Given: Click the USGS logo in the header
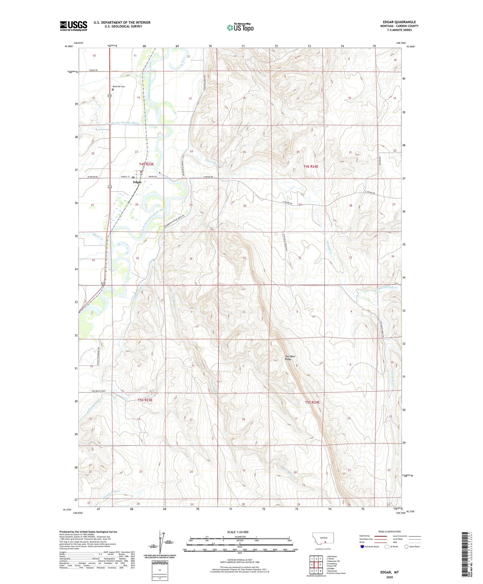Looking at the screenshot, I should click(73, 26).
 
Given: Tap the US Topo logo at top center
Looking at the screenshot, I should click(240, 28).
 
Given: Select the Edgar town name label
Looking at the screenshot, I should click(137, 182).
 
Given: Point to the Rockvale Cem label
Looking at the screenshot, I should click(118, 86).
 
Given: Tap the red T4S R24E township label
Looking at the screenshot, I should click(311, 167).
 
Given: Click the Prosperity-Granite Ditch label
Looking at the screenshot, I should click(122, 123).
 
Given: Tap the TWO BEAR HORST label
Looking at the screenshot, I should click(99, 391).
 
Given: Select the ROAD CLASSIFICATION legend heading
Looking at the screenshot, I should click(390, 531).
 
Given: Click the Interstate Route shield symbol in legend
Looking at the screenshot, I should click(362, 547).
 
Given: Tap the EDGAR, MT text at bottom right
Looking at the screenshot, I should click(389, 572).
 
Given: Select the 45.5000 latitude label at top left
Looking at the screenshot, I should click(69, 46).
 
